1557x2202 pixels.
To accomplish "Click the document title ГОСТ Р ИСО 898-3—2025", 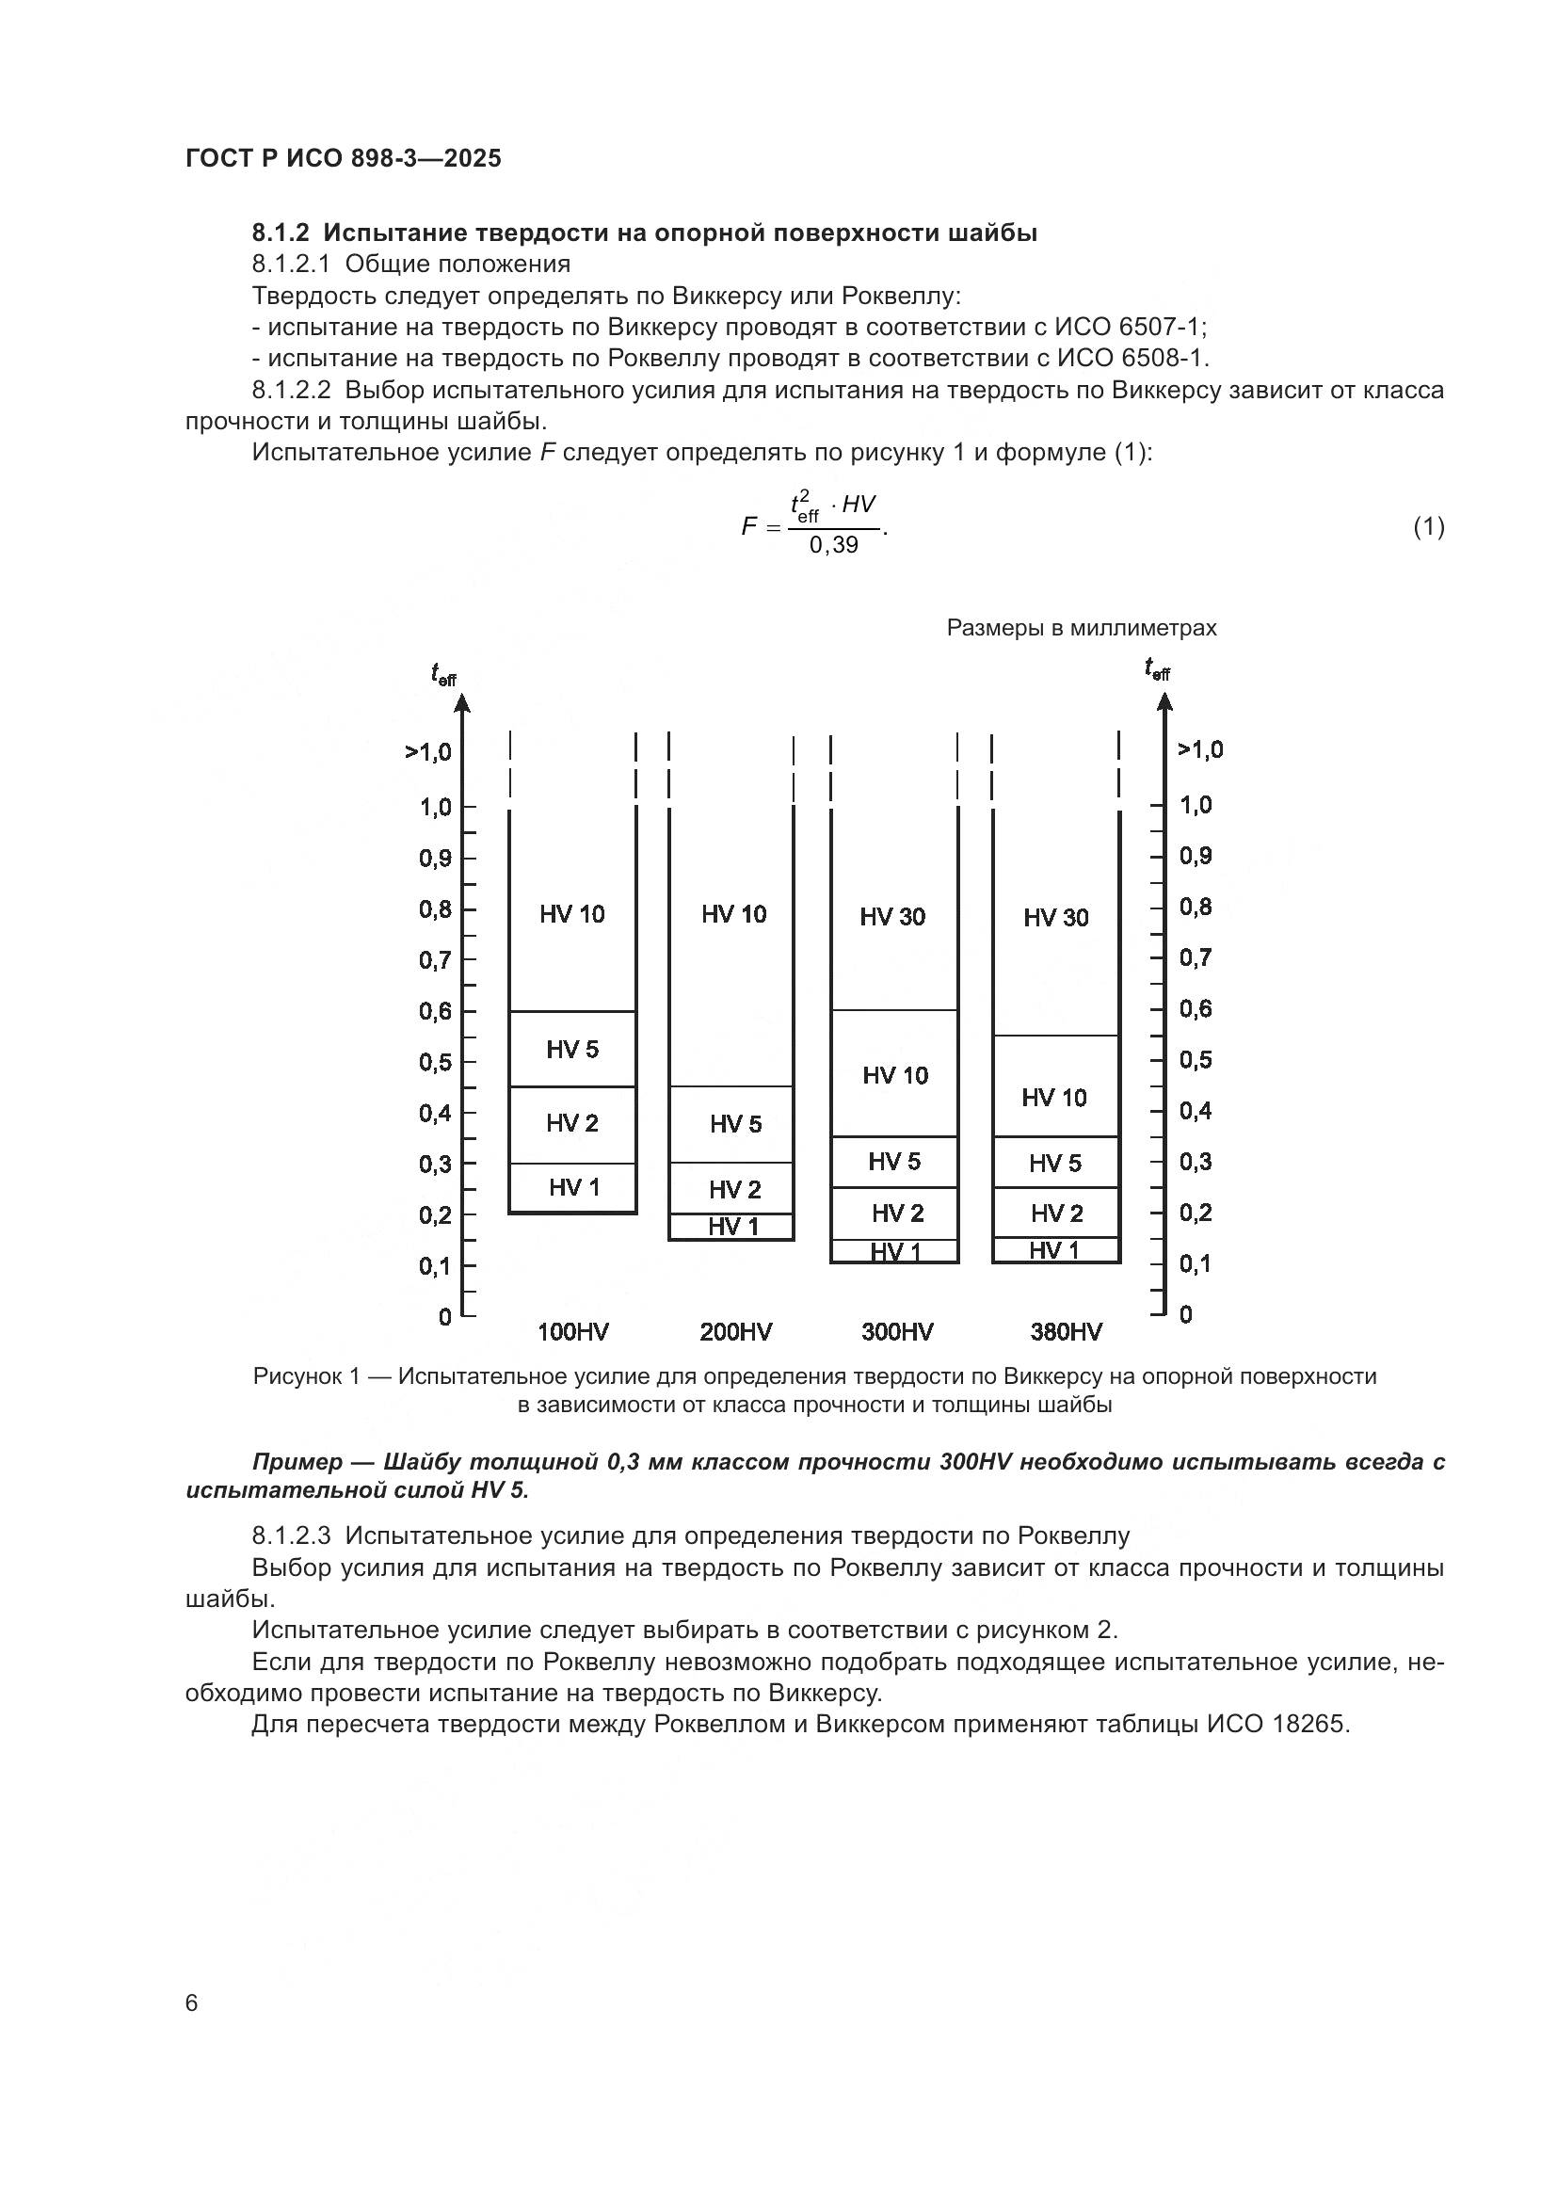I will click(344, 158).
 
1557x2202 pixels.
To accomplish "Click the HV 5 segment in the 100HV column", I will click(572, 1049).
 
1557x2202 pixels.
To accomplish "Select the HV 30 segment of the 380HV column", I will click(1055, 918).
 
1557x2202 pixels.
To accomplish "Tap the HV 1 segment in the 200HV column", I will click(732, 1227).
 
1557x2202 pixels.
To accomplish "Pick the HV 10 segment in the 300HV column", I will click(894, 1075).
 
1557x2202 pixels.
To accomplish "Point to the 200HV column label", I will click(735, 1332).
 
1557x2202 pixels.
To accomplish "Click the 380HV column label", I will click(1067, 1332).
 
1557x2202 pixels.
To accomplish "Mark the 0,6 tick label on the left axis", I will click(435, 1011).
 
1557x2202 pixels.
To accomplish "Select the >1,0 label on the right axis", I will click(1200, 750).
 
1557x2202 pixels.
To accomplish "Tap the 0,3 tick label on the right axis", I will click(1196, 1162).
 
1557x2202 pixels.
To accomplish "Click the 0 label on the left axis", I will click(445, 1317).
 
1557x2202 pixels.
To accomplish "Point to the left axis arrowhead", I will click(462, 704).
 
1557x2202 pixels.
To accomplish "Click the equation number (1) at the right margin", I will click(1429, 526).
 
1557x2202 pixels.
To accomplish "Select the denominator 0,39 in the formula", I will click(834, 546).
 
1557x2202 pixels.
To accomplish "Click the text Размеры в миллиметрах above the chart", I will click(1082, 628).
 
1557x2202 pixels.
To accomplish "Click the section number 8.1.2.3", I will click(292, 1535).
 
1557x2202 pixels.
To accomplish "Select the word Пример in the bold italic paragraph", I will click(297, 1462).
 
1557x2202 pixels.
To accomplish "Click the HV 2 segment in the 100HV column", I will click(572, 1123).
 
